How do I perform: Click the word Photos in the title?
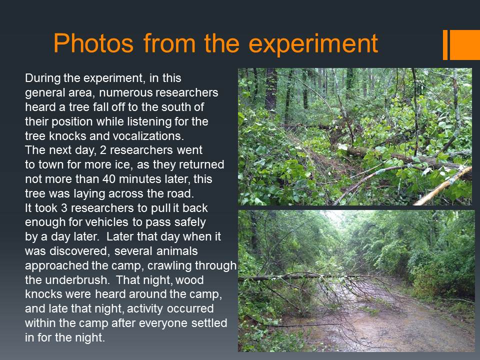click(93, 43)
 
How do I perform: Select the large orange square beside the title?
click(464, 44)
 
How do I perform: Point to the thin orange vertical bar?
click(445, 44)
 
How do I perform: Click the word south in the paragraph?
click(175, 107)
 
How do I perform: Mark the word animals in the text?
click(177, 251)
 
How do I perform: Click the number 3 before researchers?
click(64, 208)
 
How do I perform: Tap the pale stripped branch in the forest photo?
click(443, 186)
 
